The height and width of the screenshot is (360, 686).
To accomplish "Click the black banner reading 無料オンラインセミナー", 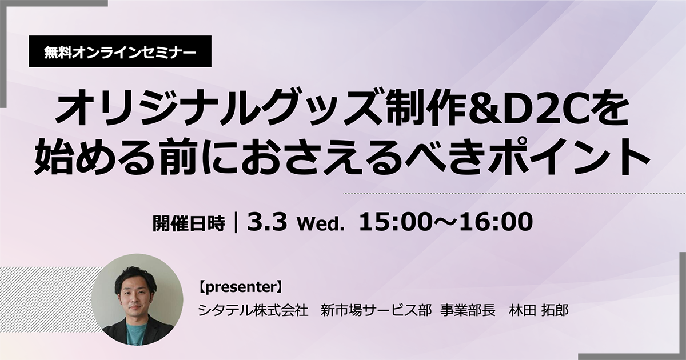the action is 120,51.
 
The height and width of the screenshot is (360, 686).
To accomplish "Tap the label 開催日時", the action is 189,223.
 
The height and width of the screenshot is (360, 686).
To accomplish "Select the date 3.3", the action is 267,222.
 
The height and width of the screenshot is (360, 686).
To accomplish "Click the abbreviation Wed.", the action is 319,225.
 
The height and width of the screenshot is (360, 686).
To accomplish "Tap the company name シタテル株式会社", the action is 253,311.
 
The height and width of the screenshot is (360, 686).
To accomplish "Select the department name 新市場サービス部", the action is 376,311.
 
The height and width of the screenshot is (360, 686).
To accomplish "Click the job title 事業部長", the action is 468,311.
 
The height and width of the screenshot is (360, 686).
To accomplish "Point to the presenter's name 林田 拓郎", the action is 539,311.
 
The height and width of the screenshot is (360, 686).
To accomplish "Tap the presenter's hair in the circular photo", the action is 134,278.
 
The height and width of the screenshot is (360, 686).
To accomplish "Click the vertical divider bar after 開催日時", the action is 236,223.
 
